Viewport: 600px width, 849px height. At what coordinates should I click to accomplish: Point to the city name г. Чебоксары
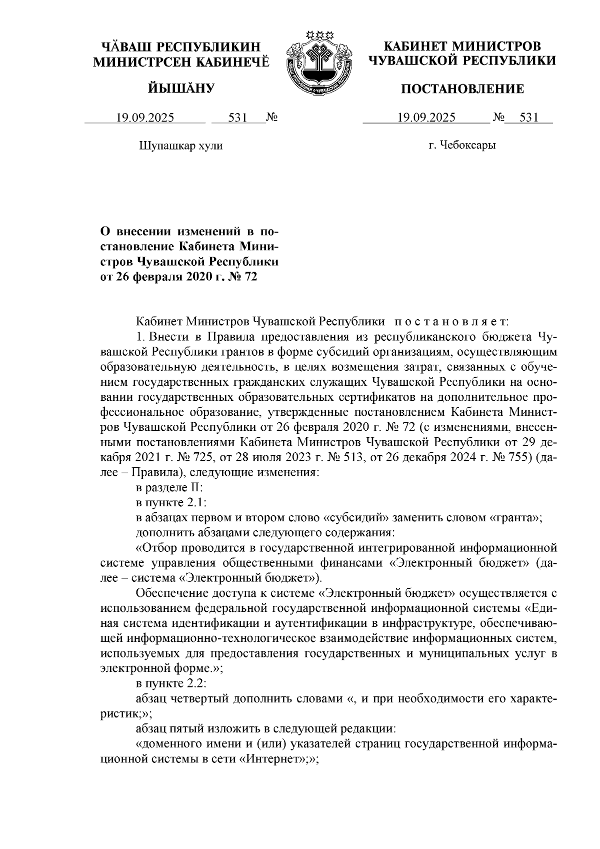pyautogui.click(x=462, y=146)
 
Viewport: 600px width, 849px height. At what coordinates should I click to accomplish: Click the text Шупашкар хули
pyautogui.click(x=180, y=146)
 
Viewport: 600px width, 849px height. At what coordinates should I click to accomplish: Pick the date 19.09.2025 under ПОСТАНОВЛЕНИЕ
pyautogui.click(x=426, y=118)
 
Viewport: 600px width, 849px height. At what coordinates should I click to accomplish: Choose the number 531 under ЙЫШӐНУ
pyautogui.click(x=238, y=118)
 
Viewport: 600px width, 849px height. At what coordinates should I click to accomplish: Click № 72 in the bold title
pyautogui.click(x=246, y=276)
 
